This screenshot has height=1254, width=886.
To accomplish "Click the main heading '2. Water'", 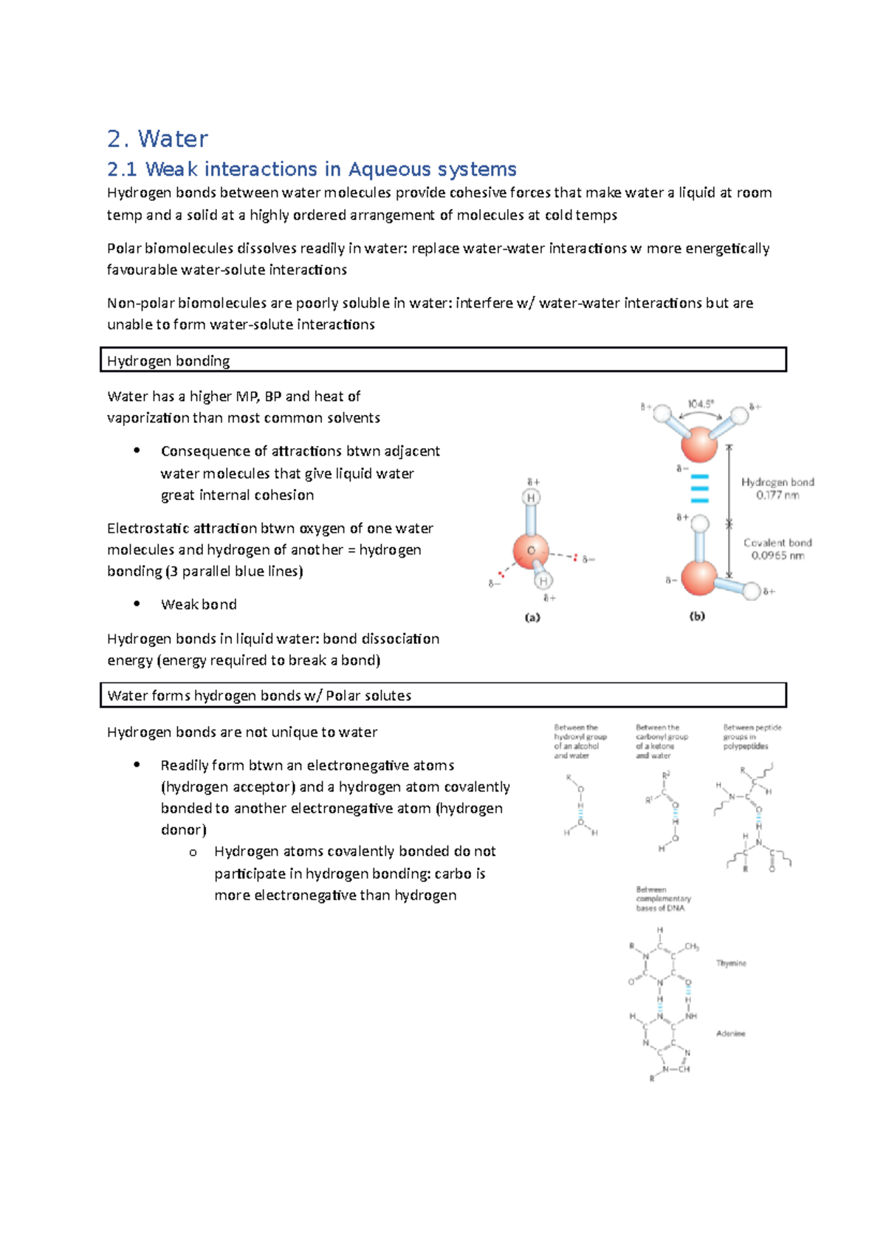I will click(x=157, y=139).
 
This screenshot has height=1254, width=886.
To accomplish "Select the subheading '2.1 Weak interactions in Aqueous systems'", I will click(x=312, y=169).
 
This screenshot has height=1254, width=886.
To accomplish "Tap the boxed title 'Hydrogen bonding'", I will click(x=168, y=360).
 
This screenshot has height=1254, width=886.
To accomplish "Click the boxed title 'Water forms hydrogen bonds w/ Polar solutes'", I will click(x=259, y=695).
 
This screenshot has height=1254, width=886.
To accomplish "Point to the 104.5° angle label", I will click(x=701, y=404).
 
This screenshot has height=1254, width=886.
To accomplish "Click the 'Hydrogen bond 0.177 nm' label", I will click(x=777, y=488).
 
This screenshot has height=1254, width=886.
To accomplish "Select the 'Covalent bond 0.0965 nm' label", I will click(x=777, y=549).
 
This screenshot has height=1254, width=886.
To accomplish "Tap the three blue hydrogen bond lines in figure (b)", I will click(x=699, y=489).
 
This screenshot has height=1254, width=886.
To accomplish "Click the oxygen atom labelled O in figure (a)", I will click(x=531, y=552).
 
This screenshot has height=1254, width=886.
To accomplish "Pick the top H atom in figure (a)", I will click(x=531, y=498).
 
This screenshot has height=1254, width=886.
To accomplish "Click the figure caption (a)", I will click(x=532, y=617).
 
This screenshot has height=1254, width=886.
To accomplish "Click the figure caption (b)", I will click(x=697, y=616).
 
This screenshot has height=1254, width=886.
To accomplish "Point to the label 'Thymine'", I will click(x=731, y=963).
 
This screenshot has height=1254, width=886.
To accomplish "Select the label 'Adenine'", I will click(x=730, y=1033).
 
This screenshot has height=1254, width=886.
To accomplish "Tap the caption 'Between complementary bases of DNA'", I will click(x=663, y=899).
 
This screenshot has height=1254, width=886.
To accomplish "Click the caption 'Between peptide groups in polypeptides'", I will click(x=752, y=736).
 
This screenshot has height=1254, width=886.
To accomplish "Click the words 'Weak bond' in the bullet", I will click(x=199, y=604).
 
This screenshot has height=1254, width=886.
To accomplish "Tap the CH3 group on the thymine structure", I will click(x=692, y=946).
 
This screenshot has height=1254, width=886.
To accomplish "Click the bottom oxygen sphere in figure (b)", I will click(x=698, y=578).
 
